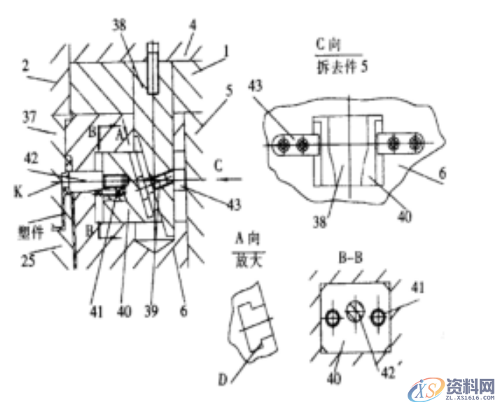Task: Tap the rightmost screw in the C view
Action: pyautogui.click(x=416, y=144)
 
